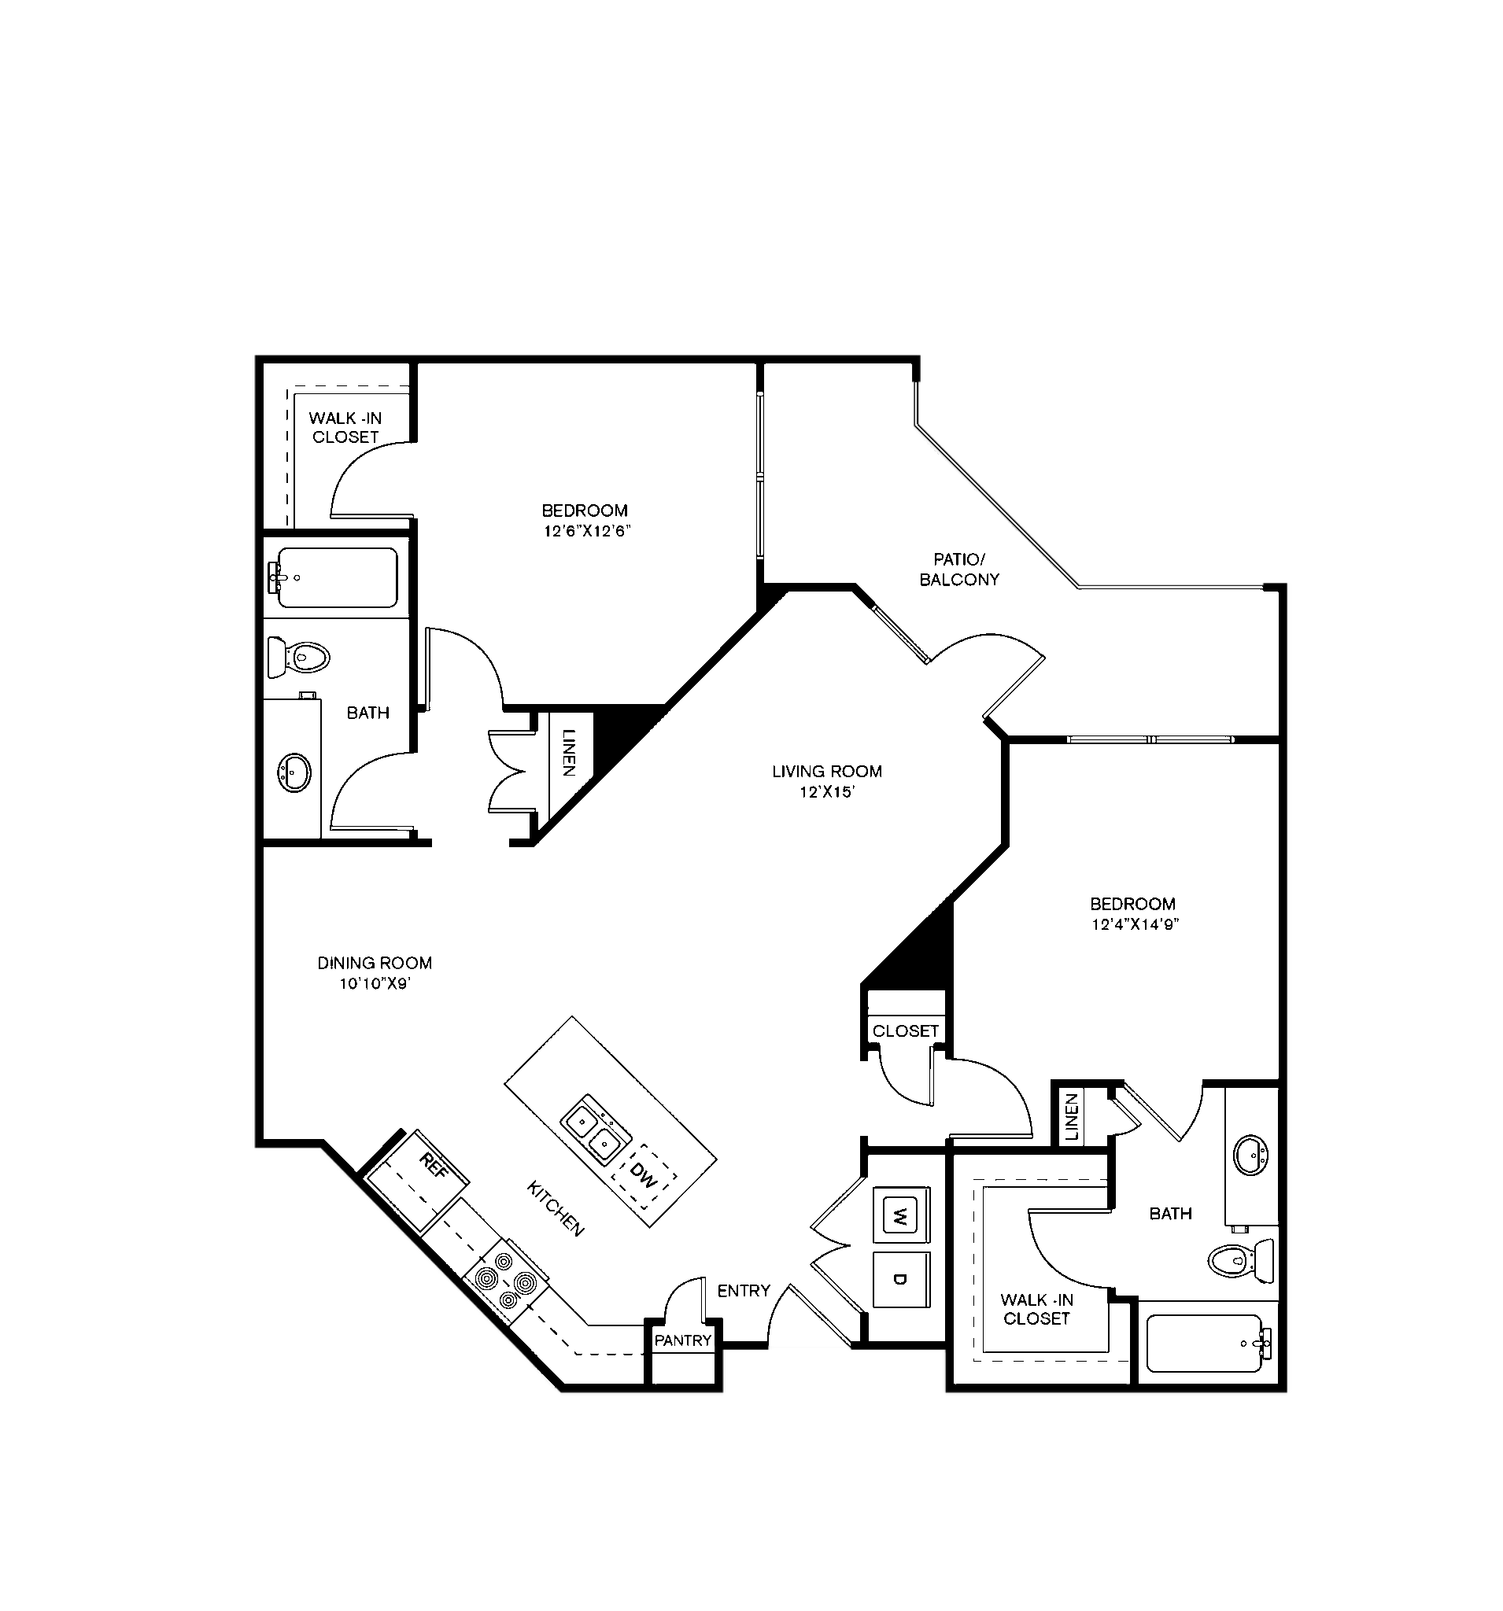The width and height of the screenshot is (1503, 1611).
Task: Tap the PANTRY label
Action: (x=682, y=1340)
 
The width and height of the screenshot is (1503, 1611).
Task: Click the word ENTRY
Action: (x=744, y=1291)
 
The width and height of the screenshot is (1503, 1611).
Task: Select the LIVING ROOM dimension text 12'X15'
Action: (x=827, y=791)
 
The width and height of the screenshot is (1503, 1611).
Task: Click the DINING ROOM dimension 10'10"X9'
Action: (x=375, y=984)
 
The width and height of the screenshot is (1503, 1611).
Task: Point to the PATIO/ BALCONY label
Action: (x=959, y=569)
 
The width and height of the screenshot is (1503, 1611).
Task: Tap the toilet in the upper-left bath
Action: (x=297, y=656)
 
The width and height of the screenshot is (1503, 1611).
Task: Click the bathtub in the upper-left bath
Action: (x=332, y=577)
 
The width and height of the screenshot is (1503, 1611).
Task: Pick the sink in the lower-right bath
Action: (x=1251, y=1154)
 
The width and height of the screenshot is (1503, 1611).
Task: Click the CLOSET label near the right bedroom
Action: (x=906, y=1030)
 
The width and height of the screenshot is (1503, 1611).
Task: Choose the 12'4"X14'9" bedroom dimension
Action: (x=1134, y=924)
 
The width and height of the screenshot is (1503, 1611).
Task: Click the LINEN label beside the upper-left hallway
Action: (x=569, y=754)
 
